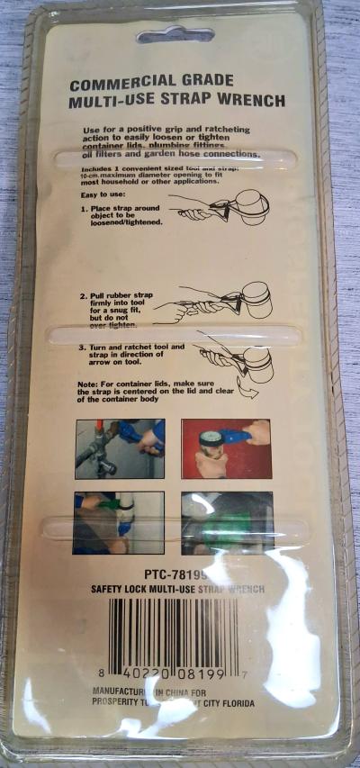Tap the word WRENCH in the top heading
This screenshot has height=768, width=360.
(x=255, y=102)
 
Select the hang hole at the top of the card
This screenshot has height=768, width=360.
(x=175, y=37)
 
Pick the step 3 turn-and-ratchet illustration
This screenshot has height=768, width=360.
(x=232, y=360)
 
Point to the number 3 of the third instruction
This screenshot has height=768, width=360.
(x=83, y=347)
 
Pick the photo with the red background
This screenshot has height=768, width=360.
(x=225, y=448)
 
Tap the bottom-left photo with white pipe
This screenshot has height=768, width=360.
(x=119, y=522)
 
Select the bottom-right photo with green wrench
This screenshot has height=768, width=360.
(x=225, y=522)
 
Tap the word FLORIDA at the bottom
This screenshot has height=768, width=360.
(x=232, y=702)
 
